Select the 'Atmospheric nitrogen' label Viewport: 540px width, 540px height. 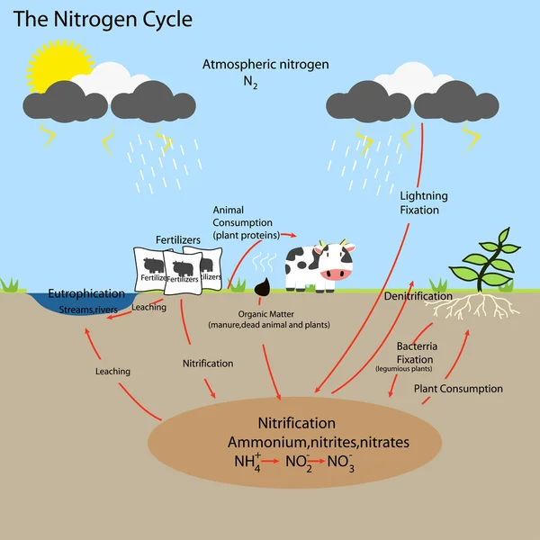[265, 65]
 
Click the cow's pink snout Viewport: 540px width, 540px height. [335, 274]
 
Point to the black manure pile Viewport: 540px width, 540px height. [264, 287]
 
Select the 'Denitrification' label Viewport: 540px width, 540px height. [418, 296]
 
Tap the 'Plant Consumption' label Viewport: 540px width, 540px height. [458, 389]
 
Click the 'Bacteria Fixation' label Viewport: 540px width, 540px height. [417, 353]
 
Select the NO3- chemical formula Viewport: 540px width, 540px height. [339, 463]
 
